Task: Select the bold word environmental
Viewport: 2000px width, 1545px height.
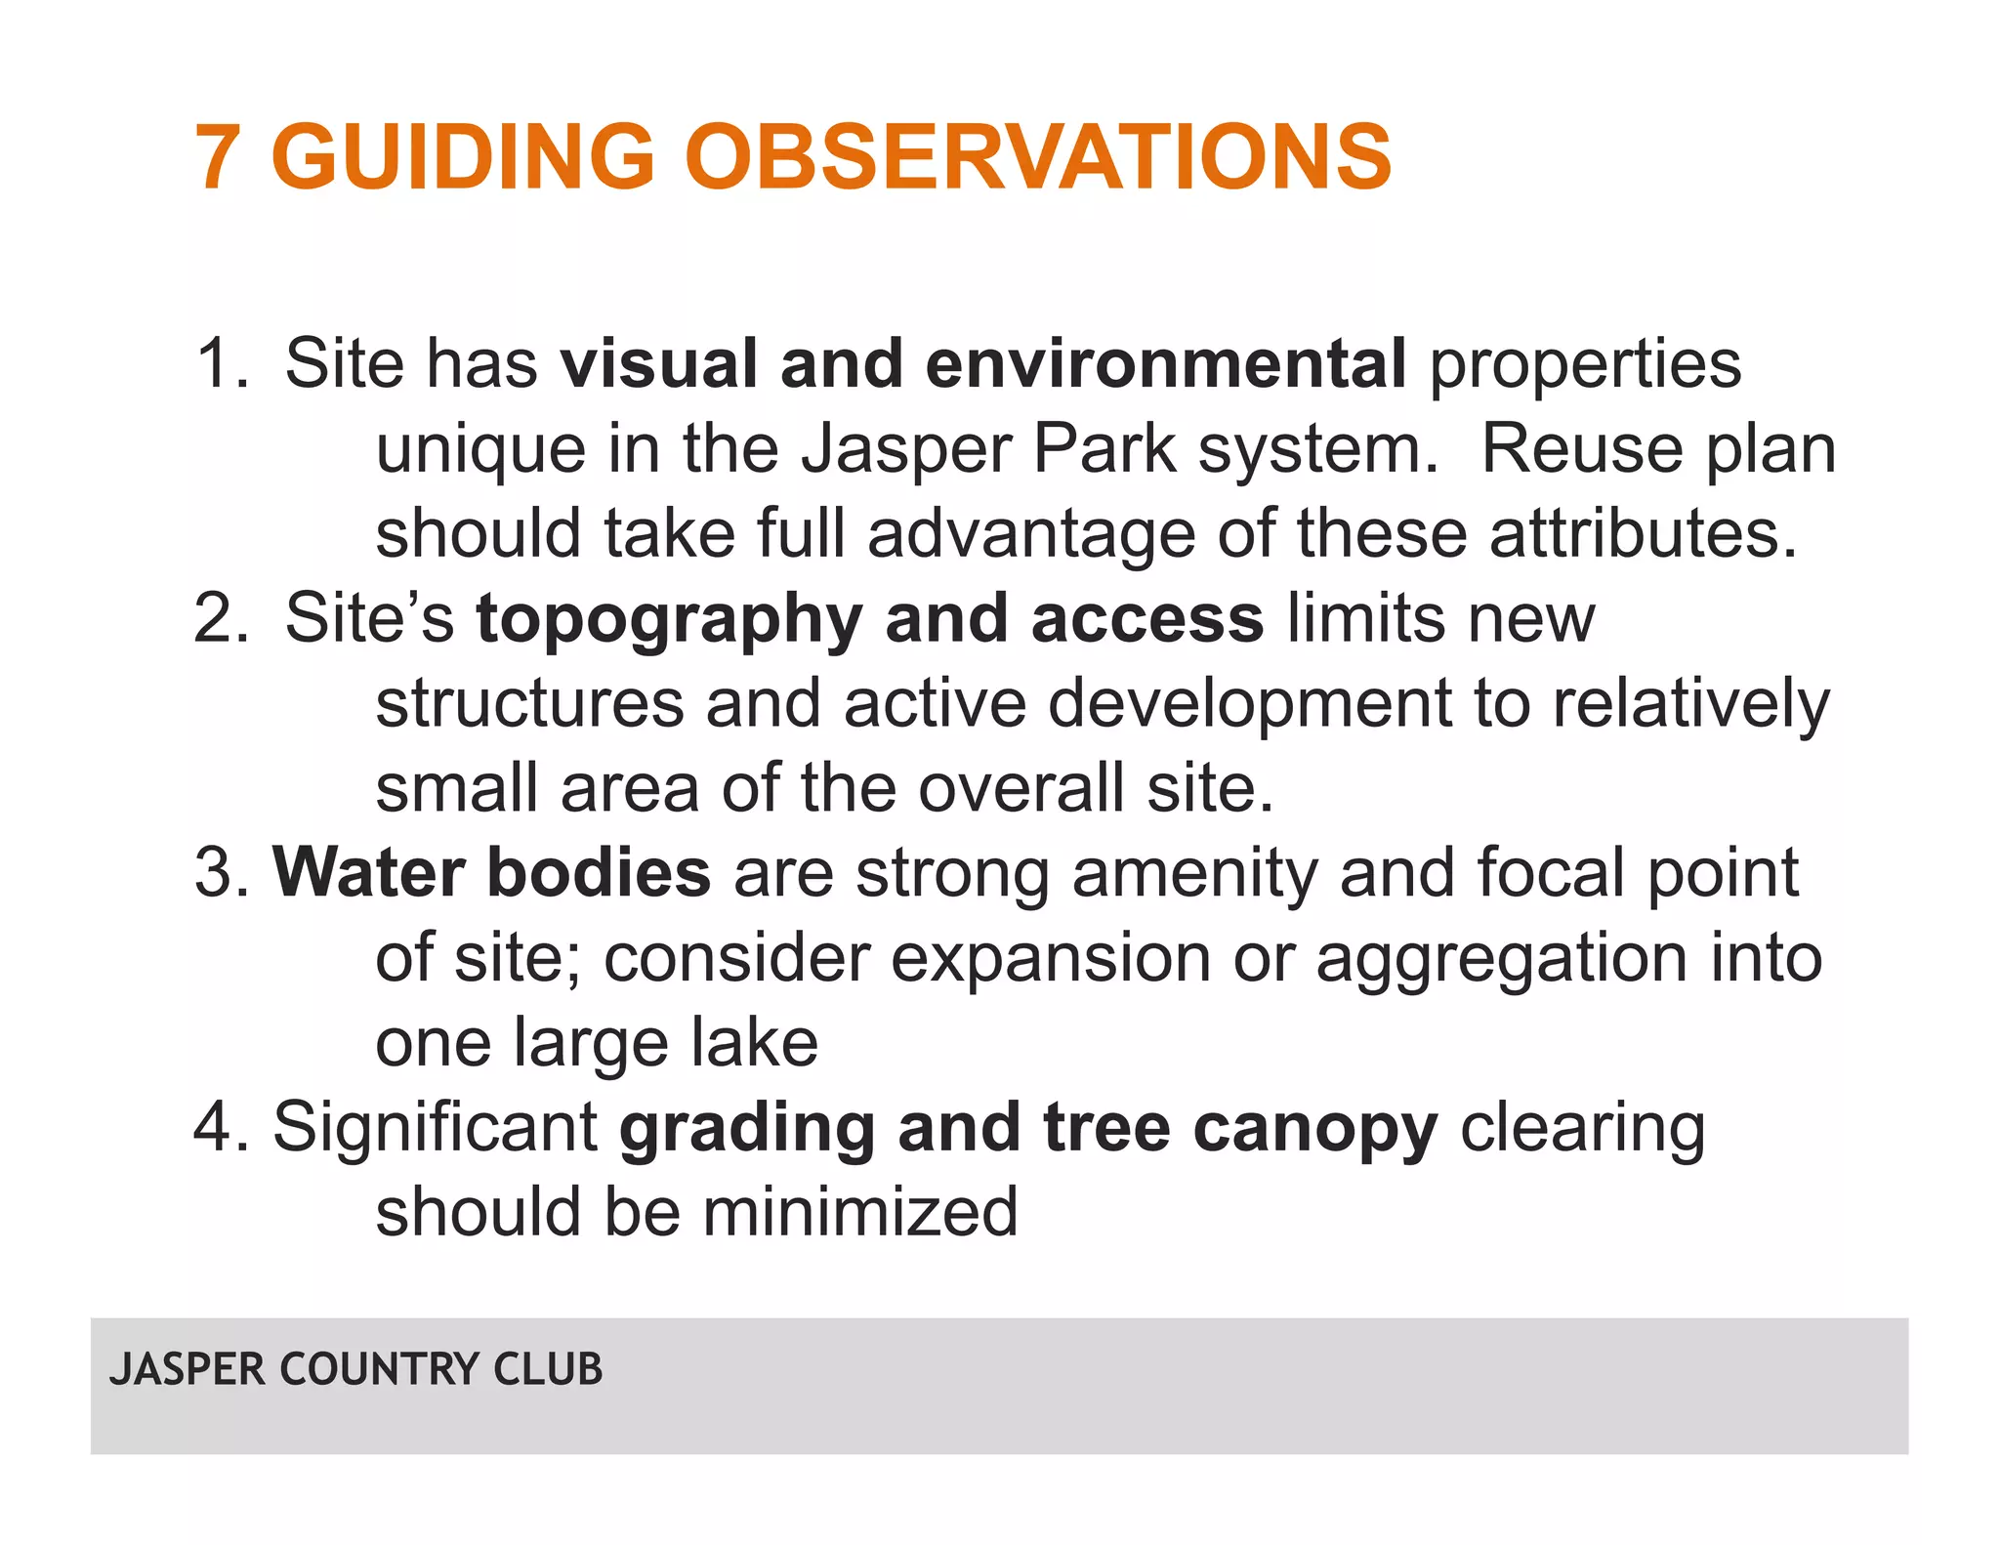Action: [x=1165, y=363]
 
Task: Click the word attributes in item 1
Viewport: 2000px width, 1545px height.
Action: [x=1643, y=534]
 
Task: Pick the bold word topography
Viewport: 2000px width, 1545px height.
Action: [x=669, y=621]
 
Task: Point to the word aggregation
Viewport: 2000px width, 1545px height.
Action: [x=1502, y=958]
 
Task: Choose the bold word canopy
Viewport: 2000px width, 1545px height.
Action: [x=1314, y=1128]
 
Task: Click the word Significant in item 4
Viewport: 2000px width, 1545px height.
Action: [x=435, y=1128]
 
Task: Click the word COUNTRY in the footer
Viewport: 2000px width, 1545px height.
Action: [x=385, y=1369]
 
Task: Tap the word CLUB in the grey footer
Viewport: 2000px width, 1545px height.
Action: [x=548, y=1369]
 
